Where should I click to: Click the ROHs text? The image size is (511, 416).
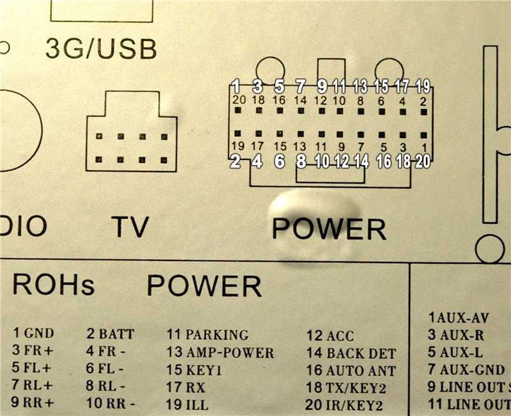[x=54, y=285]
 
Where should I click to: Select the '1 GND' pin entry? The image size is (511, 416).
[x=34, y=333]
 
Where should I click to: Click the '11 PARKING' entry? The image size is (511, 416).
[x=208, y=335]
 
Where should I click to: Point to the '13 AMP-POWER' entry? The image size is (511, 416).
[x=220, y=353]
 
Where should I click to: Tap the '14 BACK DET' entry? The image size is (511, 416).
[x=351, y=353]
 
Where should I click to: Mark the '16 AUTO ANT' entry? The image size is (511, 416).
[x=352, y=371]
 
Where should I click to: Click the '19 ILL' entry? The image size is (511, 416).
[x=188, y=404]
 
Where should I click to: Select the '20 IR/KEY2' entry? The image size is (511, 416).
[x=345, y=405]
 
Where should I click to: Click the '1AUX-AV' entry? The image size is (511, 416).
[x=458, y=317]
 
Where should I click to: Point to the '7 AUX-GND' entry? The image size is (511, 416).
[x=467, y=371]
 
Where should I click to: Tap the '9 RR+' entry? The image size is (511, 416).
[x=34, y=404]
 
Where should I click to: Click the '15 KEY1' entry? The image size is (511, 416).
[x=195, y=370]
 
